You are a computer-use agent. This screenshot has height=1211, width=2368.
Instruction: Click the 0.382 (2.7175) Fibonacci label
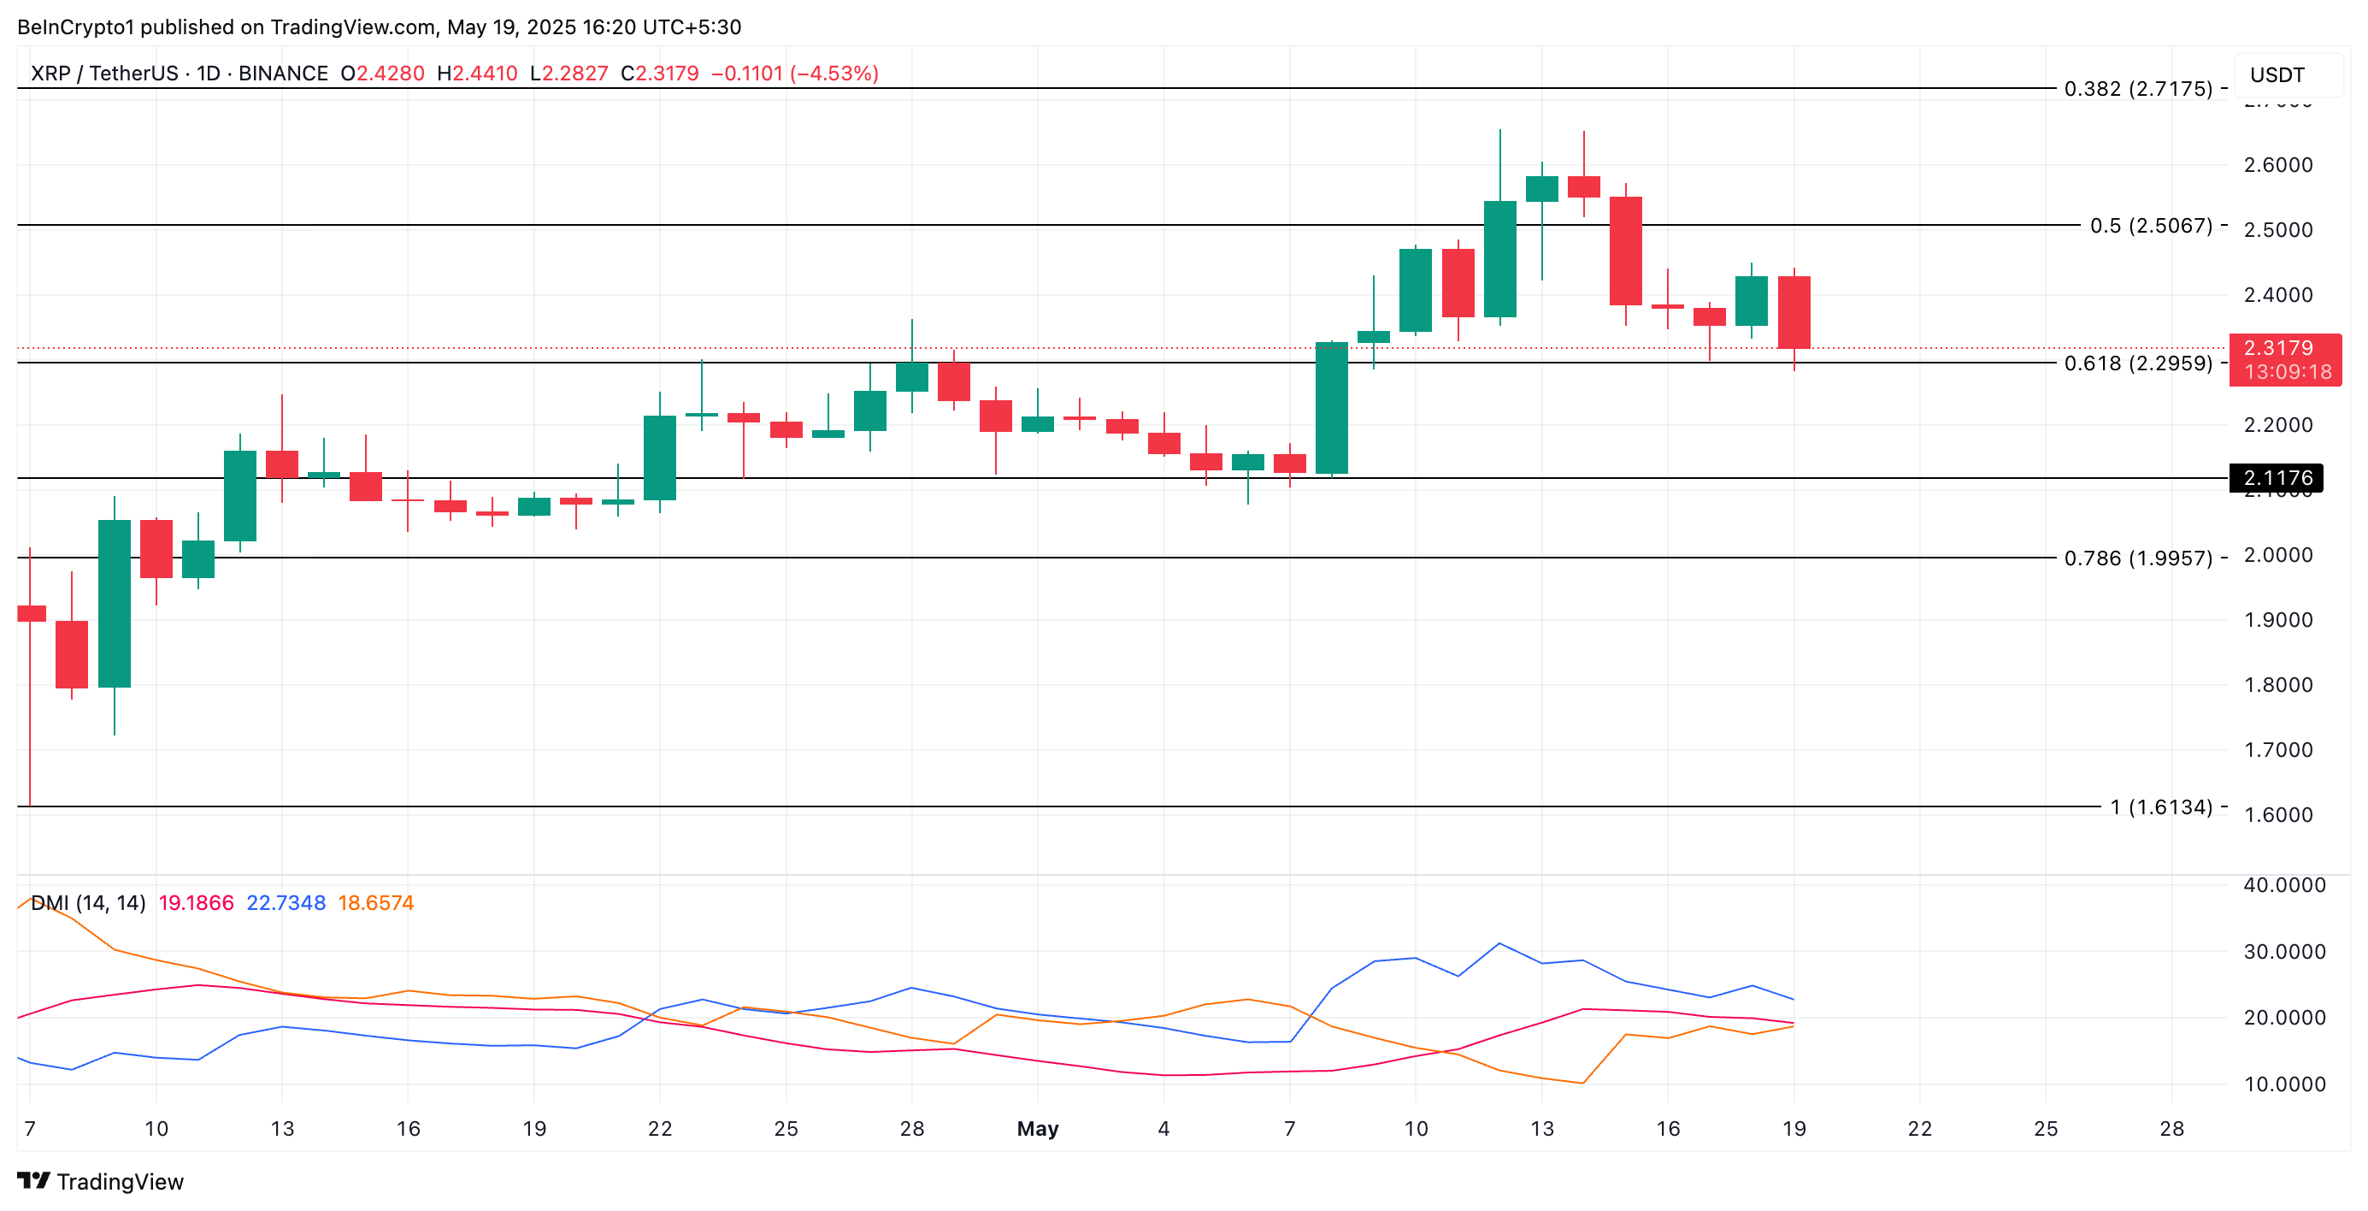2137,89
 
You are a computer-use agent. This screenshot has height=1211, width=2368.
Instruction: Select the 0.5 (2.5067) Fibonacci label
2150,225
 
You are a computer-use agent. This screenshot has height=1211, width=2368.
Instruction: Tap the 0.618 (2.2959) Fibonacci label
2137,363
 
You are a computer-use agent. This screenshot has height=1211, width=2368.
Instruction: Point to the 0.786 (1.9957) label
2137,558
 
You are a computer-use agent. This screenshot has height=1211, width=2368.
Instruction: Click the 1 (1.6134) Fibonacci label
2160,807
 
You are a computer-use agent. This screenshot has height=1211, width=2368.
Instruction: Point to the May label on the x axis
1037,1128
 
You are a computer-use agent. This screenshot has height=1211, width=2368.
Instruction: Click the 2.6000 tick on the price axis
2277,166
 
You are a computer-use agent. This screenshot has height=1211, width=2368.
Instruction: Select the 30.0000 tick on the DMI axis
2283,952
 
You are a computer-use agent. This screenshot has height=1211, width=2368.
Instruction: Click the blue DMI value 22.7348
286,903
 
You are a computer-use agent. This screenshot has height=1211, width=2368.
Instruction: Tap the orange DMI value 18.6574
375,903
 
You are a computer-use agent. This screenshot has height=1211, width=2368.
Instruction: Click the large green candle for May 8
1331,408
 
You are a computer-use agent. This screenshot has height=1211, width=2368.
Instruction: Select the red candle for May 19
1794,313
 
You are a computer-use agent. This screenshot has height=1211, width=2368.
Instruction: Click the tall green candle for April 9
114,603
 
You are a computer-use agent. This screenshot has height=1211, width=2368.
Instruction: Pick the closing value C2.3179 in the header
659,74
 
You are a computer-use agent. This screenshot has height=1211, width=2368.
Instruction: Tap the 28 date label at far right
2171,1128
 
